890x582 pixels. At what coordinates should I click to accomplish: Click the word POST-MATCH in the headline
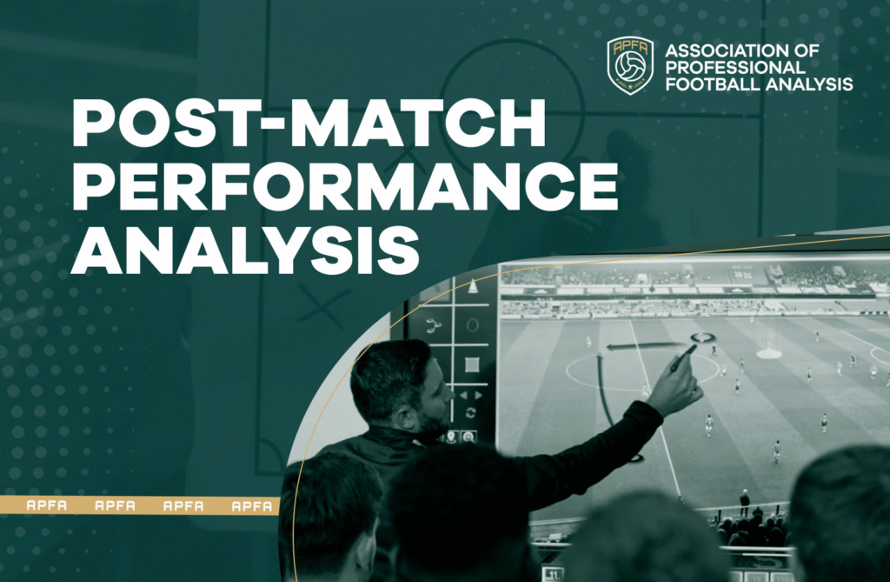click(309, 124)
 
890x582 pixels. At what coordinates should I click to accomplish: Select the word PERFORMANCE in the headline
click(345, 186)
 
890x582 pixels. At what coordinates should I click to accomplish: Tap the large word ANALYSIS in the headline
click(245, 250)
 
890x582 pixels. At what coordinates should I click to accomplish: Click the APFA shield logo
click(630, 65)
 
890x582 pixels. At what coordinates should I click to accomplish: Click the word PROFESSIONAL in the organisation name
click(735, 68)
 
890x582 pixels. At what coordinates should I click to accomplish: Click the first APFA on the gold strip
click(47, 505)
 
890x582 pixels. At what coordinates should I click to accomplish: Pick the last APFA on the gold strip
click(252, 505)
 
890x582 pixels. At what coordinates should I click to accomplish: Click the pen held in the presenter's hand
click(683, 358)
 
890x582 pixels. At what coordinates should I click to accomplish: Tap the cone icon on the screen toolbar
click(473, 286)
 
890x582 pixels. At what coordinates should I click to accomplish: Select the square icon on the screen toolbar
click(472, 365)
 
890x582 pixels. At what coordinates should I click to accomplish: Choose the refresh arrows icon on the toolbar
click(470, 413)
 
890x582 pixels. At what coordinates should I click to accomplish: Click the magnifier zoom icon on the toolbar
click(468, 437)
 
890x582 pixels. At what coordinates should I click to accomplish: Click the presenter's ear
click(408, 418)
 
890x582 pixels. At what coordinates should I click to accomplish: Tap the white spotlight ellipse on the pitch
click(769, 354)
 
